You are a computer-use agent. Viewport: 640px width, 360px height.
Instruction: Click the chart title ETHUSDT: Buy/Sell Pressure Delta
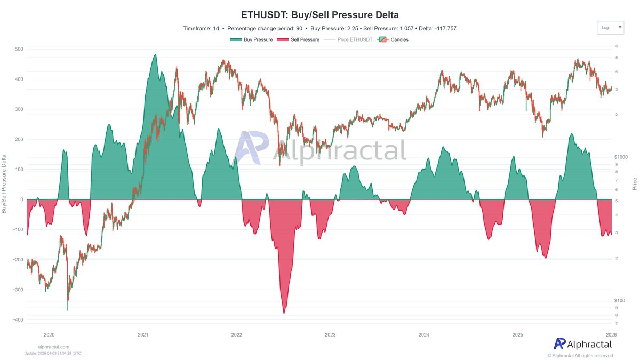click(x=319, y=14)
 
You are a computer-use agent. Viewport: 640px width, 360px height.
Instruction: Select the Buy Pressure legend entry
click(x=251, y=39)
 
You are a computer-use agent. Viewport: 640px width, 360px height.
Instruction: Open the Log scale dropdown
click(x=610, y=27)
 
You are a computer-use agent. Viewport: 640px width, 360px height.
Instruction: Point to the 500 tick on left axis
click(x=18, y=49)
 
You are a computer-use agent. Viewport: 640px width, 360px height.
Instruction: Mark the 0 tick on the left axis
click(x=21, y=199)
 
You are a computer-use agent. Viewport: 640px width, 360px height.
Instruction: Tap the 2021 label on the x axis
click(x=143, y=335)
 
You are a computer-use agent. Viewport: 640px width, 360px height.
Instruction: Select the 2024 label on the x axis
click(x=424, y=335)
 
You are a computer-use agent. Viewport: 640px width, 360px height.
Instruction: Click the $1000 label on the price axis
click(x=621, y=157)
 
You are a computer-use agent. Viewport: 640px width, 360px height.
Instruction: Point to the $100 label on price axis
click(x=620, y=301)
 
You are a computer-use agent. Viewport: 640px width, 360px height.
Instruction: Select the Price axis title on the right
click(x=634, y=184)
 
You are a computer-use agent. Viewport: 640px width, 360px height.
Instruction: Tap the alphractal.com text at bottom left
click(x=53, y=347)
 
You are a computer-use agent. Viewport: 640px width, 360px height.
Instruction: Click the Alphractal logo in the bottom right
click(x=583, y=344)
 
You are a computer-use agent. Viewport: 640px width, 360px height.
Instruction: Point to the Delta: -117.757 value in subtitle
click(x=438, y=28)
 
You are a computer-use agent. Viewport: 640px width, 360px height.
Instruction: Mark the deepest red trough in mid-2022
click(x=284, y=313)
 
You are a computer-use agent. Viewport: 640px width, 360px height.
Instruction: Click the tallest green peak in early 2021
click(x=155, y=55)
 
